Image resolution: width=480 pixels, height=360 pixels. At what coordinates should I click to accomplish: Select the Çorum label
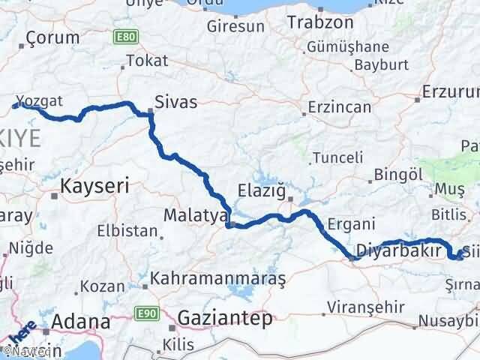click(52, 38)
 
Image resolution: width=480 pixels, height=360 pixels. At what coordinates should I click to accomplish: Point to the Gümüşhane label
click(342, 46)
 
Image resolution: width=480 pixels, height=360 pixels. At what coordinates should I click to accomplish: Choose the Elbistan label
click(136, 232)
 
